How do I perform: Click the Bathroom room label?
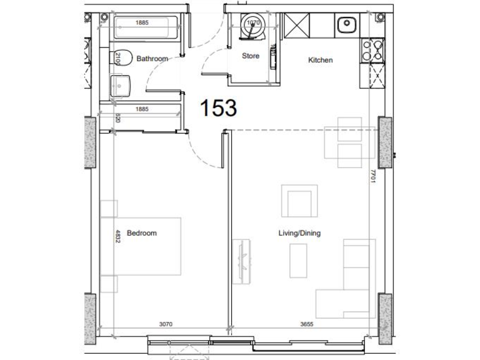(152, 59)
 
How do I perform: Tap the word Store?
(251, 56)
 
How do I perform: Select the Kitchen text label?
(320, 61)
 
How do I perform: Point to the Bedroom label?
(142, 233)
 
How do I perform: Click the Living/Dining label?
(299, 233)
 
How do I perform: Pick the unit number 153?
(218, 108)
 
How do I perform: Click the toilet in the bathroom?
(121, 58)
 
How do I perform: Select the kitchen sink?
(346, 26)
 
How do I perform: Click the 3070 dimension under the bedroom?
(165, 324)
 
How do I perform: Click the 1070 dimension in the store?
(252, 23)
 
